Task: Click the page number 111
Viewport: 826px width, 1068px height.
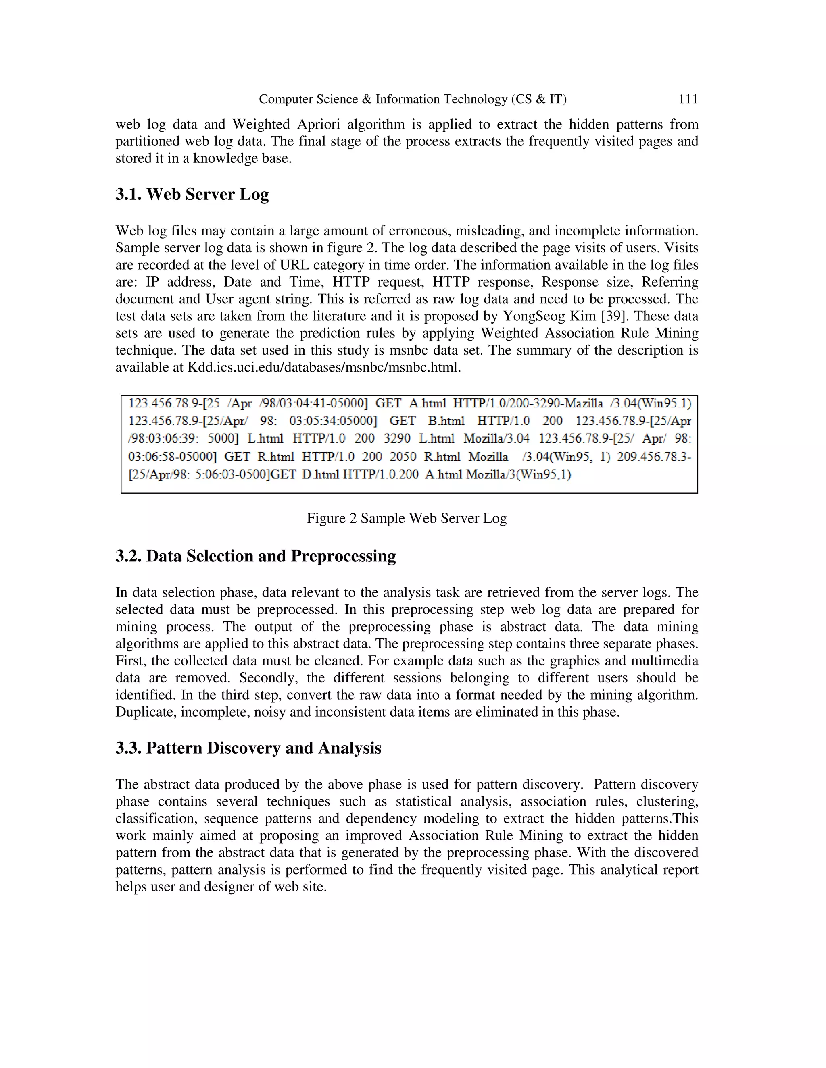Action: click(688, 99)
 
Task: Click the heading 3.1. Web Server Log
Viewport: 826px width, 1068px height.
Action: click(192, 194)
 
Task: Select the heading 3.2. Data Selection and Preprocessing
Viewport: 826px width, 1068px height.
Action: click(255, 556)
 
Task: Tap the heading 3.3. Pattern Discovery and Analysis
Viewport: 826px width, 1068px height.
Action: click(248, 748)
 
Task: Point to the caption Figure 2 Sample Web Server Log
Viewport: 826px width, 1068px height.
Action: click(406, 518)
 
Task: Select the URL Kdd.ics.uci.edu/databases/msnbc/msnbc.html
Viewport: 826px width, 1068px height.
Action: click(324, 367)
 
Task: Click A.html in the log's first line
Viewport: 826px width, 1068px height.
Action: click(427, 403)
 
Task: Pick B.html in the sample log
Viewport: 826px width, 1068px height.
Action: click(446, 421)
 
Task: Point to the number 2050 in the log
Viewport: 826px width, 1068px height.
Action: click(403, 457)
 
